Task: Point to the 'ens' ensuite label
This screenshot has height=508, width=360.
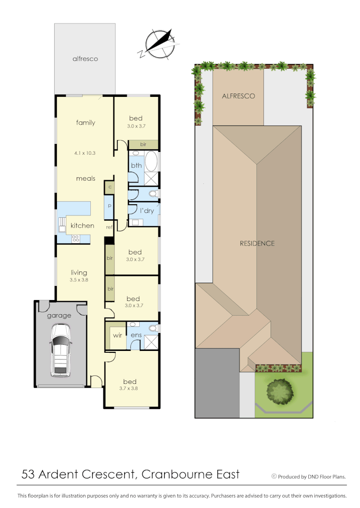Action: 136,335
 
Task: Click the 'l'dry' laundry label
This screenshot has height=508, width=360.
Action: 147,211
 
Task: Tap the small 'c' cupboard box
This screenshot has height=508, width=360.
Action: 109,187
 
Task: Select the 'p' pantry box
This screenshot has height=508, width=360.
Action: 109,206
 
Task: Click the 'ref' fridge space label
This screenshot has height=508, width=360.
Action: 109,227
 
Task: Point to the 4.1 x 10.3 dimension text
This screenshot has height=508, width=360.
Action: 85,153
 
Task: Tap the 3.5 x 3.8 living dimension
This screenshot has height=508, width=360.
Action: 79,280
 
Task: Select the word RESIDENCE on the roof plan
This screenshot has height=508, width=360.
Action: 257,243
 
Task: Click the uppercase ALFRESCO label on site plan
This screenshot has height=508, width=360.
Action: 238,96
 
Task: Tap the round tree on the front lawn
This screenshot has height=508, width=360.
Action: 280,391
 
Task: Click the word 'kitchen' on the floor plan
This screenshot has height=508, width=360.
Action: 82,226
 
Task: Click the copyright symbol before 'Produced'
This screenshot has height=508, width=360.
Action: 274,476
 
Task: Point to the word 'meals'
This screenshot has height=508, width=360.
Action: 86,178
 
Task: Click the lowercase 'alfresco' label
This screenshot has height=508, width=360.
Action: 85,59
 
